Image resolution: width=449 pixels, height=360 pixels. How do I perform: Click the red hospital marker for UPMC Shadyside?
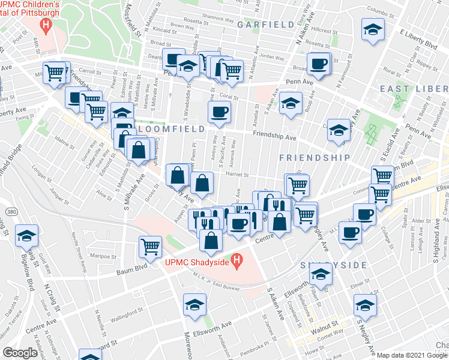[238, 262]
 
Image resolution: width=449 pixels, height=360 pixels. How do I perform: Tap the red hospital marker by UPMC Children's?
[45, 25]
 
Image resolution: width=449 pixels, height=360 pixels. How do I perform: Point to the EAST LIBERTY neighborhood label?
[412, 89]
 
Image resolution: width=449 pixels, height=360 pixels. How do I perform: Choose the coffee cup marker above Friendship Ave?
[219, 112]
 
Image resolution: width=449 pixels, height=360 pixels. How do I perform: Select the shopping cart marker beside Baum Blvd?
[150, 246]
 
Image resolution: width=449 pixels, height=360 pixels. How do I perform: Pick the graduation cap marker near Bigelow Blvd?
[26, 236]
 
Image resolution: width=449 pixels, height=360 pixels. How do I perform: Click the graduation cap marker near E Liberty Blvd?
[373, 29]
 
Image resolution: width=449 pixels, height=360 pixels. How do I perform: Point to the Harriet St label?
[238, 175]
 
